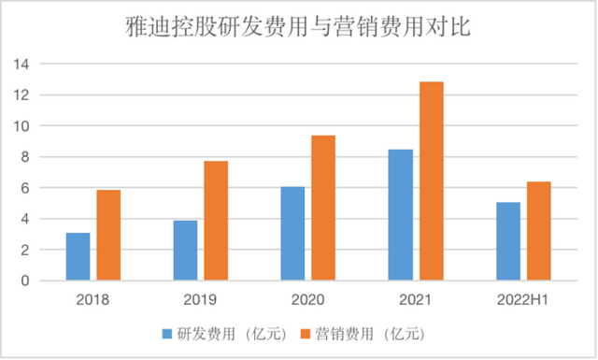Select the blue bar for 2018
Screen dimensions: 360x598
coord(78,256)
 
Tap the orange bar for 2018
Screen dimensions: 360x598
coord(108,235)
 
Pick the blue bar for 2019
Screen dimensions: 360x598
coord(185,251)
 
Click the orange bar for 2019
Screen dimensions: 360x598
coord(216,221)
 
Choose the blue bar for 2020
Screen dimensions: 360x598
coord(292,234)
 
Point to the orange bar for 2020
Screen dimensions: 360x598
coord(323,208)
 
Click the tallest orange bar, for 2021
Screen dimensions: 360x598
coord(431,181)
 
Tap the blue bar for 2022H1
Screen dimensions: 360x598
coord(507,241)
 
